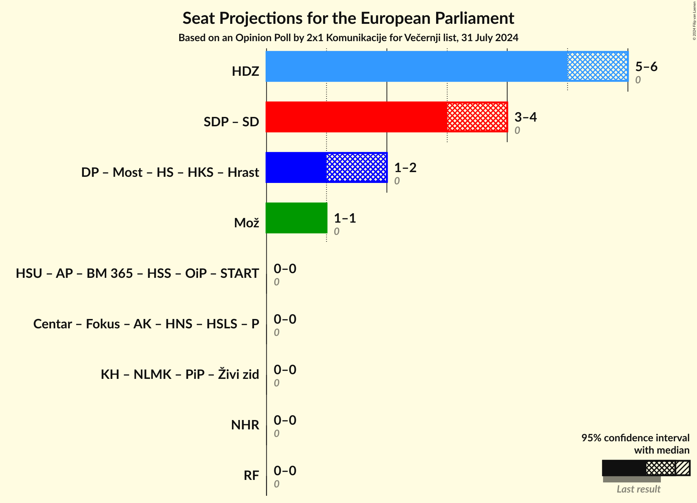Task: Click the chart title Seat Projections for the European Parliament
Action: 348,18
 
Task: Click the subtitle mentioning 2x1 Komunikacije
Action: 348,38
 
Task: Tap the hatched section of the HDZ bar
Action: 597,66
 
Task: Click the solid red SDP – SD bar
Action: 356,117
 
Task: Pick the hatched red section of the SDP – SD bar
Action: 477,117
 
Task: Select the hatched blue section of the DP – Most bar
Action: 356,167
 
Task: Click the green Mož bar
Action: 296,218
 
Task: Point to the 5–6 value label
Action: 646,66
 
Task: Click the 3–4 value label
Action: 525,117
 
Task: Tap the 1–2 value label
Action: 405,167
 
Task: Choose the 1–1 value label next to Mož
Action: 345,218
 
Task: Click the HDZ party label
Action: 245,71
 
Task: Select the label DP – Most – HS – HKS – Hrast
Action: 170,172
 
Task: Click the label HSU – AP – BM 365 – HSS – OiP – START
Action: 137,273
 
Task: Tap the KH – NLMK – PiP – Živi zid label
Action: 180,374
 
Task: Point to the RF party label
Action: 251,475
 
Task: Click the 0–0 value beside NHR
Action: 285,420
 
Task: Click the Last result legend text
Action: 638,489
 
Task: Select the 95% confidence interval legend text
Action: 635,438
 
